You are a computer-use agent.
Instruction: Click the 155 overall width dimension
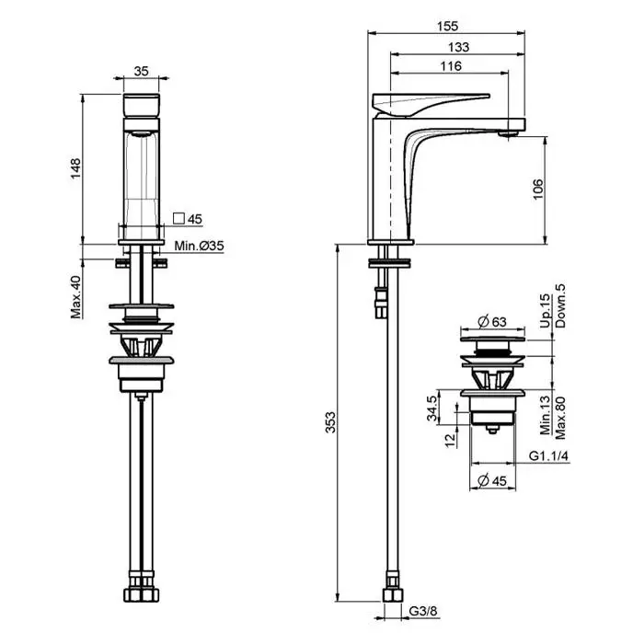pyautogui.click(x=447, y=27)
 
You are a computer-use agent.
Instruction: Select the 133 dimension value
pyautogui.click(x=458, y=47)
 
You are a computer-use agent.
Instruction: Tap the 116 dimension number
pyautogui.click(x=451, y=66)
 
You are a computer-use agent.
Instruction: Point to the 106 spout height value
pyautogui.click(x=537, y=190)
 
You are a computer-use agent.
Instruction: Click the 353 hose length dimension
pyautogui.click(x=330, y=422)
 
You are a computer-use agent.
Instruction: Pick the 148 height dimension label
pyautogui.click(x=76, y=168)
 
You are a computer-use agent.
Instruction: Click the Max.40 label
pyautogui.click(x=76, y=297)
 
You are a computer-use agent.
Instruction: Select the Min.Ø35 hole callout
pyautogui.click(x=200, y=246)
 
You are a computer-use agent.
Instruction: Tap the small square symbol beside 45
pyautogui.click(x=178, y=218)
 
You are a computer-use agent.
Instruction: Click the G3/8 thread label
pyautogui.click(x=423, y=611)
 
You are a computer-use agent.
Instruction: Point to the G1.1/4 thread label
pyautogui.click(x=548, y=456)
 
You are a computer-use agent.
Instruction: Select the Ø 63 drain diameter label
pyautogui.click(x=492, y=322)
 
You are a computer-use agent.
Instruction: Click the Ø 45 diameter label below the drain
pyautogui.click(x=492, y=480)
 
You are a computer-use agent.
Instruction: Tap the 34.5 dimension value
pyautogui.click(x=432, y=408)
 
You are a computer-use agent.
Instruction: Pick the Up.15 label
pyautogui.click(x=545, y=311)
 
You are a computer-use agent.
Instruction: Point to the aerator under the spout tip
pyautogui.click(x=508, y=133)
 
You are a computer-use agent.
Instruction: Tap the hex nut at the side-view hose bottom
pyautogui.click(x=393, y=595)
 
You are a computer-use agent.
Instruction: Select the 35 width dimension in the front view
pyautogui.click(x=141, y=72)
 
